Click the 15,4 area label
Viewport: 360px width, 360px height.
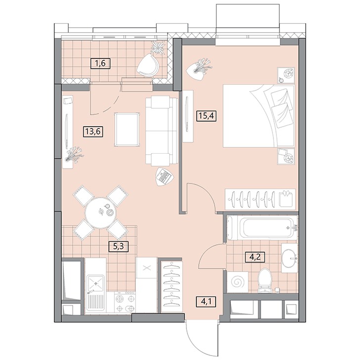click(206, 116)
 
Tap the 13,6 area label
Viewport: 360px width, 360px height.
click(93, 132)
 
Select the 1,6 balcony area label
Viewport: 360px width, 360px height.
click(100, 63)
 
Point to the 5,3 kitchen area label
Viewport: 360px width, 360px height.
click(119, 246)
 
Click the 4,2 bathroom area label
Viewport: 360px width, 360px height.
click(255, 257)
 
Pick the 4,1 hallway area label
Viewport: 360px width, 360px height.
click(206, 301)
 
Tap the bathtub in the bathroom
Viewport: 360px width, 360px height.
click(261, 228)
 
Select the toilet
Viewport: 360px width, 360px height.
click(265, 280)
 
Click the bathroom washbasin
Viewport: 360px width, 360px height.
click(289, 258)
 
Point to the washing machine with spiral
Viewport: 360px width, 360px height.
click(238, 282)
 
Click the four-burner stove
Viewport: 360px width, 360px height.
click(125, 302)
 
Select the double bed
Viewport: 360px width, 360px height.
click(259, 116)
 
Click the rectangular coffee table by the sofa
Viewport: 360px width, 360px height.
click(127, 130)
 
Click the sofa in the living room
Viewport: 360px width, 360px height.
click(162, 131)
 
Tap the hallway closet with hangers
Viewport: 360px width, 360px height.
click(172, 286)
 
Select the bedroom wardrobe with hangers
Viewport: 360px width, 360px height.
click(260, 199)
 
